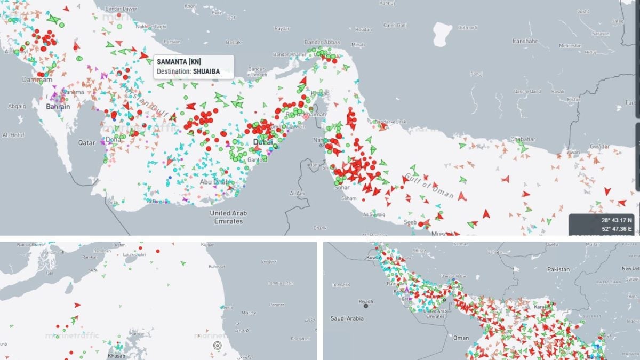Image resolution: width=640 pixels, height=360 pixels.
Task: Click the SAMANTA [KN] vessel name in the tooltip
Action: (x=179, y=62)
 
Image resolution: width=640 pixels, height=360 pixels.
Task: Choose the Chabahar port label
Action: (x=523, y=139)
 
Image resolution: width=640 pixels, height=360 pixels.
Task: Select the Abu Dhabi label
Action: (x=216, y=181)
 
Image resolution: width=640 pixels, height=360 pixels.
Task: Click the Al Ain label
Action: (x=297, y=193)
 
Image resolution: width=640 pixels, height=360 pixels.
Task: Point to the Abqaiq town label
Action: (x=17, y=106)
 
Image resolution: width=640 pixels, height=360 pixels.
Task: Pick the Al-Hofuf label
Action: (x=13, y=135)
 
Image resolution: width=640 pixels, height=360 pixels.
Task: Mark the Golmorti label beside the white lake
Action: (x=467, y=27)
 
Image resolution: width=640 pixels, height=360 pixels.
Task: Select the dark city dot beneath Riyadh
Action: (x=366, y=306)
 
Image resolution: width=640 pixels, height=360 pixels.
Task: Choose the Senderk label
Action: (x=269, y=262)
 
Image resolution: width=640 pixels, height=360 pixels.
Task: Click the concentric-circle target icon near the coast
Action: (x=217, y=346)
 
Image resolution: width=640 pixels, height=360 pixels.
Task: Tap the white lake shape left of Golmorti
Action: (x=442, y=33)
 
